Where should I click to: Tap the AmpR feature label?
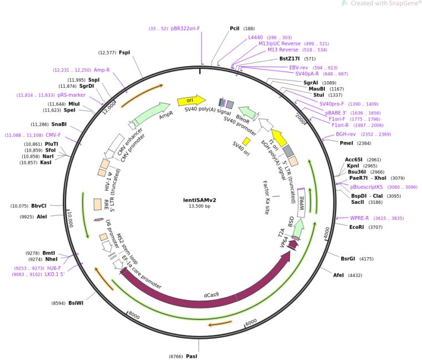166,116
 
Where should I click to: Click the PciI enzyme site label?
235,28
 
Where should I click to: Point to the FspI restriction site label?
124,53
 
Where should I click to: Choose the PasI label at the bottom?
192,356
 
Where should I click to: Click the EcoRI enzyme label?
358,227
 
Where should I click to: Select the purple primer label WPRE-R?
359,218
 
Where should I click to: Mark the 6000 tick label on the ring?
251,322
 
